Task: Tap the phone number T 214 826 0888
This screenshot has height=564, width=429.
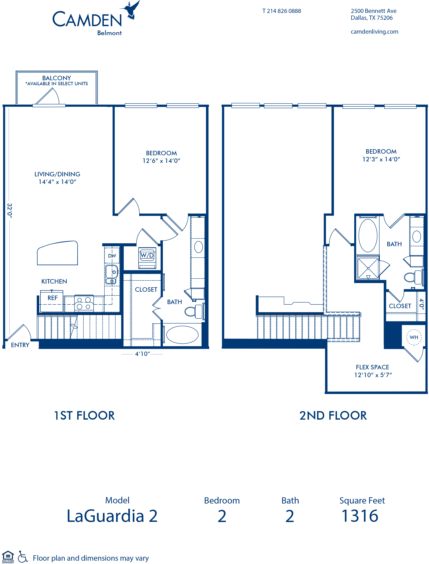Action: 282,11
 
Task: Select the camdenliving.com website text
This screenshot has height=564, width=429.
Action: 374,32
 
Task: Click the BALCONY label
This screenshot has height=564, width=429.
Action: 56,78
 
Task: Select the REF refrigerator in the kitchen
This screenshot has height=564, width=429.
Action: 52,301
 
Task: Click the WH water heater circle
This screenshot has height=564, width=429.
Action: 414,337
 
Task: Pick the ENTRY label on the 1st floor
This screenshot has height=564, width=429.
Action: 20,345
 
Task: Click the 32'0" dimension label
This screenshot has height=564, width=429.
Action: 9,211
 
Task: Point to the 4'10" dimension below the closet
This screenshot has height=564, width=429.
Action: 143,354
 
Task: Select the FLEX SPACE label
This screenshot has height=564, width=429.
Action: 373,367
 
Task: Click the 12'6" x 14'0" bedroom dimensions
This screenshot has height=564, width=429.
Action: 161,161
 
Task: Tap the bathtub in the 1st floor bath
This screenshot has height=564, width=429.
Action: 182,335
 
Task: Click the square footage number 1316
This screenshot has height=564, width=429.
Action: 360,516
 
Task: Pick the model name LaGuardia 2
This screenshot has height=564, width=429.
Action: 112,516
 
